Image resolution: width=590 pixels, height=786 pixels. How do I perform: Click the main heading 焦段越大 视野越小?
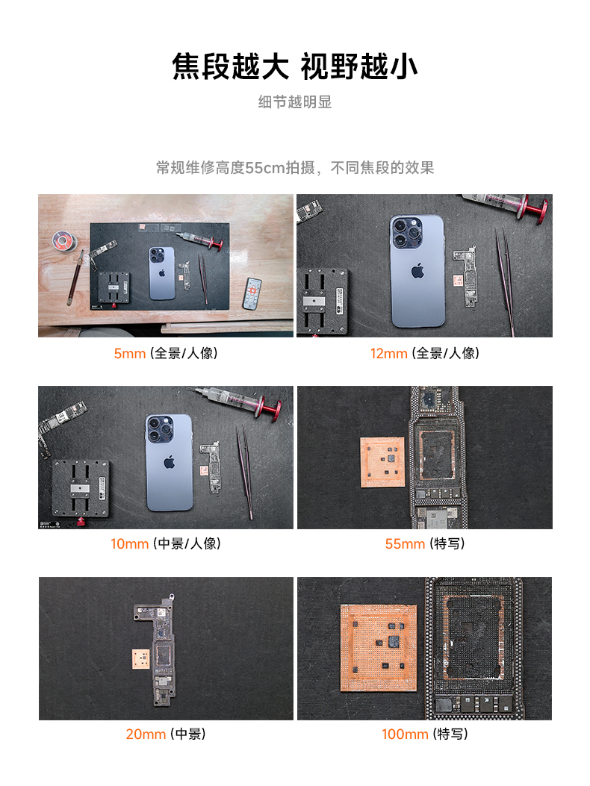pos(294,66)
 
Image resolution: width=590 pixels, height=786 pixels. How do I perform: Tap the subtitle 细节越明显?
pos(295,102)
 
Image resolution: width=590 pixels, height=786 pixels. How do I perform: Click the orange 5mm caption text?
pos(129,353)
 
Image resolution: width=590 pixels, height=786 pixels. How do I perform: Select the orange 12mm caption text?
pos(389,353)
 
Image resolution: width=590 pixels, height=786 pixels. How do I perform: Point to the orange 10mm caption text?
pos(129,544)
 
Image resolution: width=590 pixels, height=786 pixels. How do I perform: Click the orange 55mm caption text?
pos(405,544)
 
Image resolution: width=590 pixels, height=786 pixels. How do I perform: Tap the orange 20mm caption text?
pos(146,734)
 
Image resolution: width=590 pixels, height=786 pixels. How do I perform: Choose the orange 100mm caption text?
pos(405,734)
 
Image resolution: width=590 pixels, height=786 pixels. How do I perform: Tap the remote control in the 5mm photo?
pos(252,293)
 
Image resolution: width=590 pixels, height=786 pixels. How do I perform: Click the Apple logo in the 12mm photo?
pos(417,271)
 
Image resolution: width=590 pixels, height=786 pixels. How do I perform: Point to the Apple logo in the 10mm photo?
pos(169,462)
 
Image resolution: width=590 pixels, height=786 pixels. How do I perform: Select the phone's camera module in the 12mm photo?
pos(406,232)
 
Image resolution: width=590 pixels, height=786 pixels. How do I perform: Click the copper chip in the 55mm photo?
pos(383,462)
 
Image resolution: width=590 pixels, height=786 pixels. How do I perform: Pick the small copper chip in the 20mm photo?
pos(141,658)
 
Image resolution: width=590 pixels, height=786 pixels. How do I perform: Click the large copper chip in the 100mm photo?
pos(379,648)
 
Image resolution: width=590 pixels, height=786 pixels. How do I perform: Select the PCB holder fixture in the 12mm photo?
pos(323,302)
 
